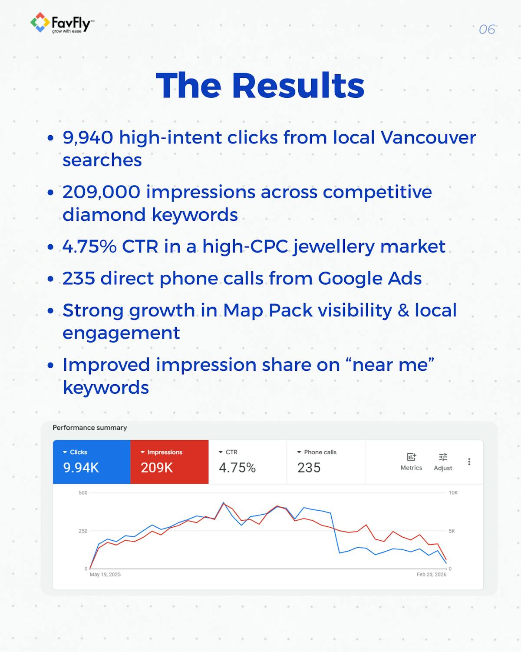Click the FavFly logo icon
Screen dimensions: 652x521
(40, 22)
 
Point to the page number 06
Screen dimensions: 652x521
(487, 30)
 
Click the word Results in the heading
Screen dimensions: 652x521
(298, 86)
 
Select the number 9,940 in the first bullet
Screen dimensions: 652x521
(88, 138)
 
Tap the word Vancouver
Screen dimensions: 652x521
(428, 138)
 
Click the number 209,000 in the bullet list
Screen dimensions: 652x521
(101, 192)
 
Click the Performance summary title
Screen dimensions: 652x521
(90, 428)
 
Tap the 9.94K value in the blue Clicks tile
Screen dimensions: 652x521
(81, 468)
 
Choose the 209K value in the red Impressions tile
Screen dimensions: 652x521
(157, 468)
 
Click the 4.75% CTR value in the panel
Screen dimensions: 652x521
(237, 468)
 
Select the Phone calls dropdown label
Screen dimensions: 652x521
(317, 452)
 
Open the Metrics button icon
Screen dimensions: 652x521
(411, 457)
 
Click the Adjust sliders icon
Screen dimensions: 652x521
(443, 457)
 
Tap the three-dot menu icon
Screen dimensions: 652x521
(469, 462)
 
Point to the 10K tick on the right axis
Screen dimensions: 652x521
(453, 493)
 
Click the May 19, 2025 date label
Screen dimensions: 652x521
(105, 575)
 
